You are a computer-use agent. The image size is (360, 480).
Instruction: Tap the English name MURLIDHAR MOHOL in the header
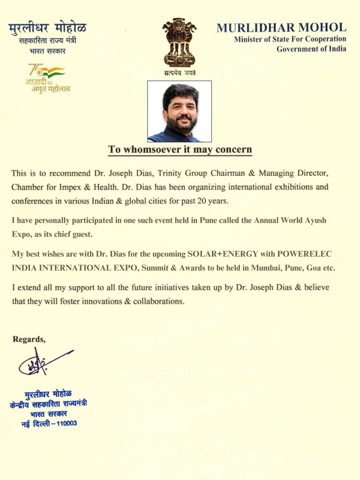tap(281, 28)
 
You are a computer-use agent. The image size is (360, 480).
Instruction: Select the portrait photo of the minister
tap(179, 112)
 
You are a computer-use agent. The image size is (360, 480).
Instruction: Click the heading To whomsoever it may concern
tap(180, 149)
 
